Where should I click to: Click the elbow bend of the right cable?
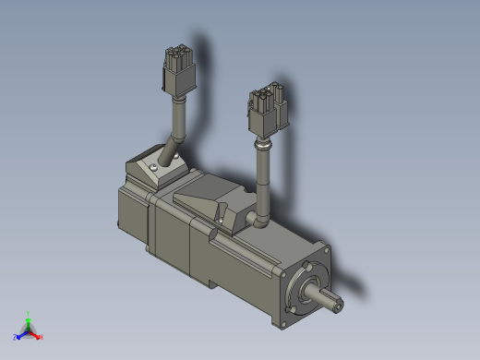tap(260, 219)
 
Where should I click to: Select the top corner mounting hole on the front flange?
tap(319, 250)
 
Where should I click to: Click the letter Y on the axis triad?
tap(29, 313)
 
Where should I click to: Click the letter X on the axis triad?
tap(42, 338)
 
